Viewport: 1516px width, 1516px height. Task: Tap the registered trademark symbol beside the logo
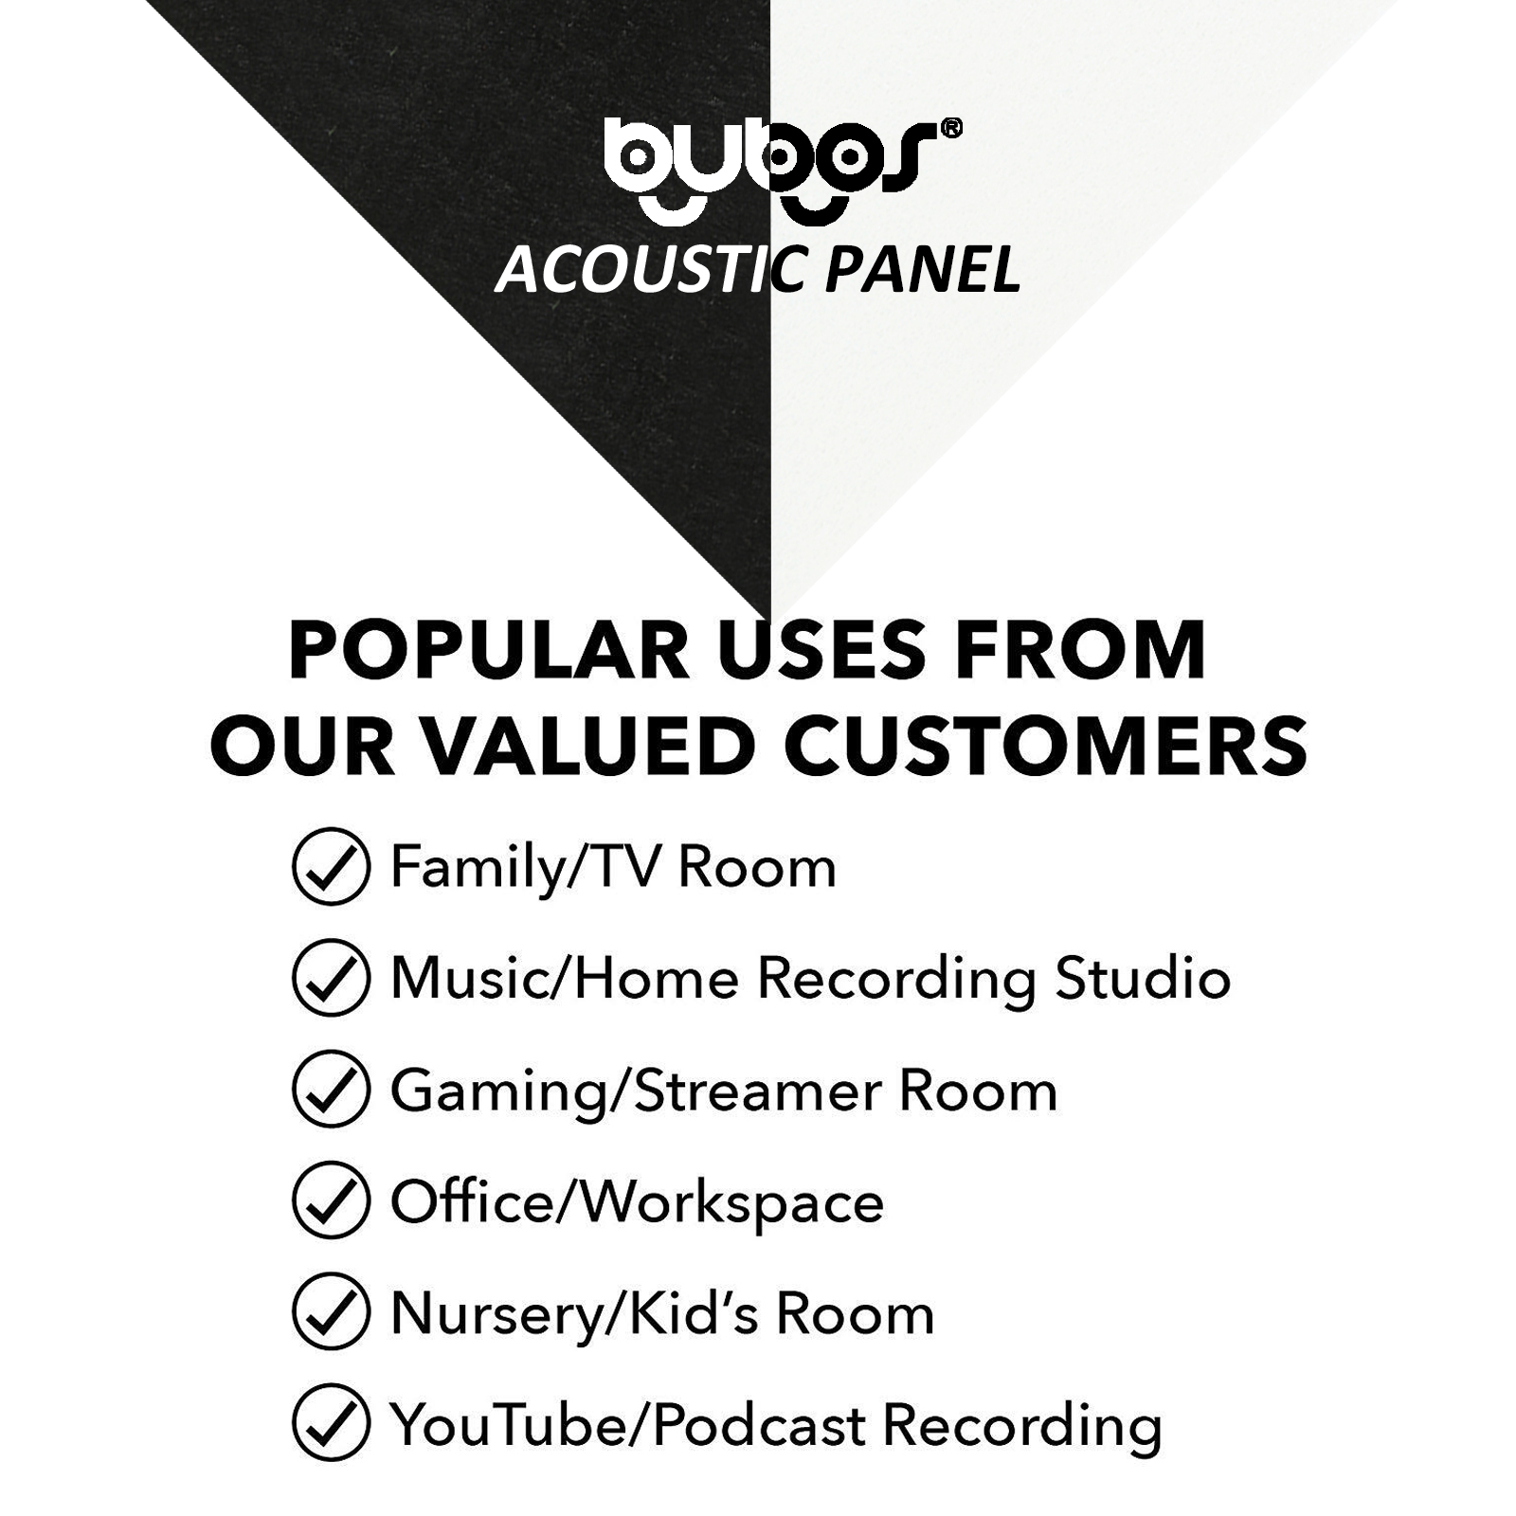(950, 129)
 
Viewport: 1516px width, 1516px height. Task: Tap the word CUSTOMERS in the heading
(1045, 746)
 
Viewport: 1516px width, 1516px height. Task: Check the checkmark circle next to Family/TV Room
(331, 866)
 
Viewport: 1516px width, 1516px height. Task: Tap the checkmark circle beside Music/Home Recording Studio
(331, 978)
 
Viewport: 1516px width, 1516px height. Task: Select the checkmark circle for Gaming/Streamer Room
(331, 1090)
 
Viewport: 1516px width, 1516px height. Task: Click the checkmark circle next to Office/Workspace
(331, 1201)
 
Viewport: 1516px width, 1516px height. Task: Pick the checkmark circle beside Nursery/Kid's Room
(331, 1313)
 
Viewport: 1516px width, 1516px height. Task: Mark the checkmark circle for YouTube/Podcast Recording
(331, 1425)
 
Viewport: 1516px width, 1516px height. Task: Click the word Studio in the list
(1143, 978)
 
